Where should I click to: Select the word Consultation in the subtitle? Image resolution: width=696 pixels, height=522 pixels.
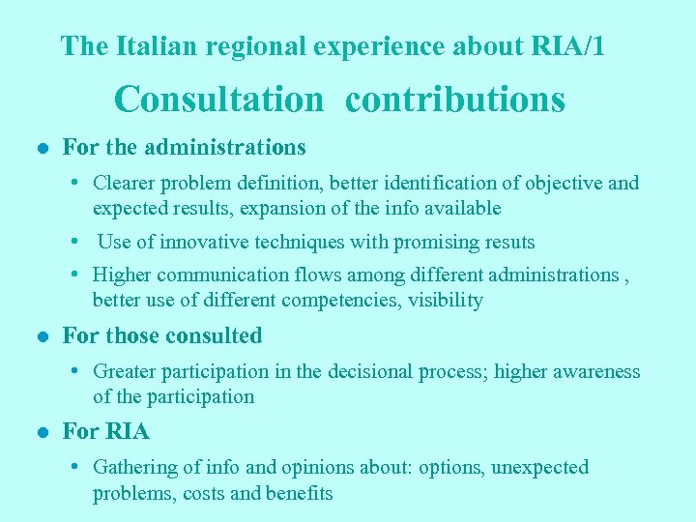click(x=219, y=99)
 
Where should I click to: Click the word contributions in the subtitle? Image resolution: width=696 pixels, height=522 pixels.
click(x=455, y=99)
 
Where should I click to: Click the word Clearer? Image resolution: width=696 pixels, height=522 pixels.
click(x=124, y=183)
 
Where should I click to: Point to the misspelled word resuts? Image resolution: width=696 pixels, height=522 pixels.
click(x=507, y=242)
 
